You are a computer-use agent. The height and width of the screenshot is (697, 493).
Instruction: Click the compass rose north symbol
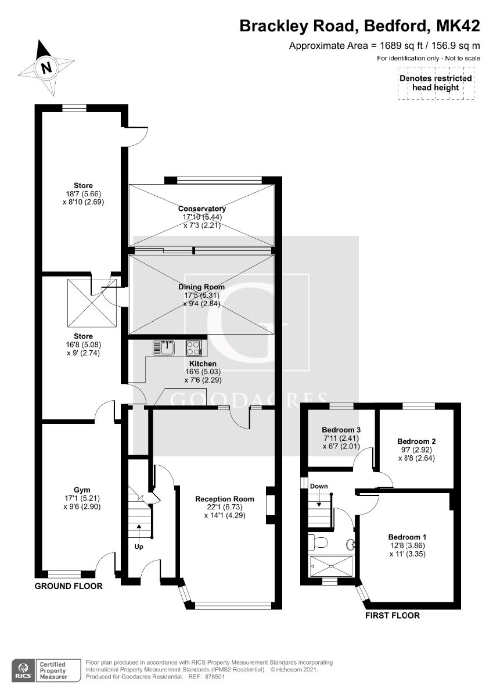tap(45, 67)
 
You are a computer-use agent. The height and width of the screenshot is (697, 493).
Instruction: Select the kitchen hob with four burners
tap(194, 348)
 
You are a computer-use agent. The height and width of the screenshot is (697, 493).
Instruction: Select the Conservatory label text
tap(201, 209)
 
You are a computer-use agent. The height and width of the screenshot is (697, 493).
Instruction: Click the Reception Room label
tap(225, 499)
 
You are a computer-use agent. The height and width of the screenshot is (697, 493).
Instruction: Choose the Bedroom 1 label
tap(408, 537)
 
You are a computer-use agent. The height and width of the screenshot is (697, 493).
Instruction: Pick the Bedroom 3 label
tap(341, 429)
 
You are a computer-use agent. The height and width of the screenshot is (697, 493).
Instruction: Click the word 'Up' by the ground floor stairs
tap(139, 547)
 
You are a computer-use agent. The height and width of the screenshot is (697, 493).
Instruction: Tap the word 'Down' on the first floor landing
tap(319, 486)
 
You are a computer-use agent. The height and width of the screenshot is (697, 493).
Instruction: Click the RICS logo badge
tap(23, 670)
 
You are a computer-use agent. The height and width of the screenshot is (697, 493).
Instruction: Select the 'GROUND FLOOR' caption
tap(69, 586)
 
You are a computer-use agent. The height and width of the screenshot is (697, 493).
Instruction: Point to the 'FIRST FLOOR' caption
tap(392, 615)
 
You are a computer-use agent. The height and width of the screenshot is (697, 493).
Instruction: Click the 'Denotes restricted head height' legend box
tap(435, 84)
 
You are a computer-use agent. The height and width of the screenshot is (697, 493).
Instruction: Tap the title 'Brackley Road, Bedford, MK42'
tap(360, 26)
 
